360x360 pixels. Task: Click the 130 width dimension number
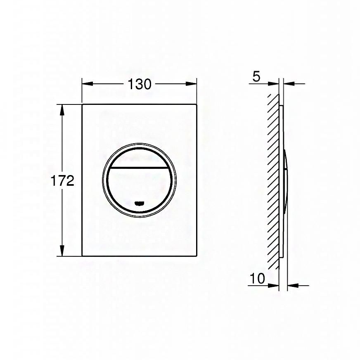(x=140, y=84)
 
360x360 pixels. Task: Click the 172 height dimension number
(x=62, y=181)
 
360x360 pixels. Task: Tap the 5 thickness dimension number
(x=256, y=76)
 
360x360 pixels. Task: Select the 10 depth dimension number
(x=257, y=278)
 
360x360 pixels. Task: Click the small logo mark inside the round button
(x=140, y=203)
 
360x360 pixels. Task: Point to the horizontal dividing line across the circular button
(x=140, y=168)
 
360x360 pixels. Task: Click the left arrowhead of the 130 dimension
(x=88, y=84)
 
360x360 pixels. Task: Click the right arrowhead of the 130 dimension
(x=191, y=84)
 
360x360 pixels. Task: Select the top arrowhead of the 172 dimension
(x=62, y=110)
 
